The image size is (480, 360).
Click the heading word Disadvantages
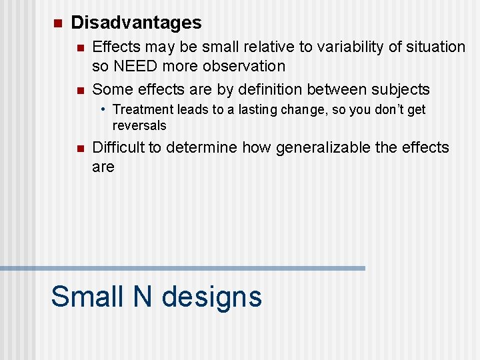(x=136, y=23)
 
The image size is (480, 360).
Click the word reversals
(x=139, y=125)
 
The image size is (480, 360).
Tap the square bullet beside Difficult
(x=80, y=149)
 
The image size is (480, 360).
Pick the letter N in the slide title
(x=143, y=296)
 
